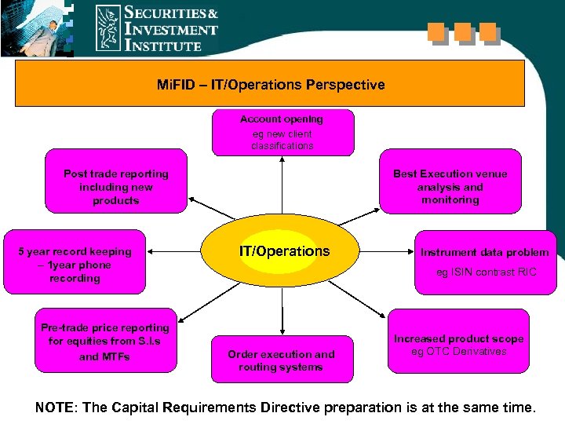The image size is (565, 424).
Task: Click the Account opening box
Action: point(281,132)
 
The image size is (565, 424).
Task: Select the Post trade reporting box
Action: point(116,188)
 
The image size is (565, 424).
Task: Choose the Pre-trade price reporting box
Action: point(104,341)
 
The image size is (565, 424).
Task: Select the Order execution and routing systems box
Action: point(281,360)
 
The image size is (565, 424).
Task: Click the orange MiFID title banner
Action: point(270,84)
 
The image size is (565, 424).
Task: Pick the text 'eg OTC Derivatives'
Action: point(459,351)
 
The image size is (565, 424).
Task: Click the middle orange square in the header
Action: point(462,32)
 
